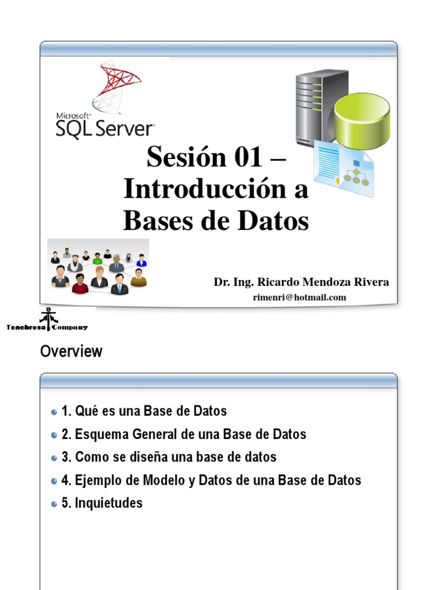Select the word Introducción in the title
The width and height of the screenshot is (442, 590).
(202, 190)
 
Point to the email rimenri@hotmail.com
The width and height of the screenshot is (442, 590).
(299, 297)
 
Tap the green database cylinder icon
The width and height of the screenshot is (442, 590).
(362, 113)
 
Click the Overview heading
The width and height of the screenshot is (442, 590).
(71, 351)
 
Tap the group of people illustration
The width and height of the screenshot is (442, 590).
(98, 267)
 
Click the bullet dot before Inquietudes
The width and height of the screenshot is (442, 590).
(54, 504)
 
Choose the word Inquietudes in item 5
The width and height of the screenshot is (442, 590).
(109, 503)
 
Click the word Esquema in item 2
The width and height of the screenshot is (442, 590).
(101, 434)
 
